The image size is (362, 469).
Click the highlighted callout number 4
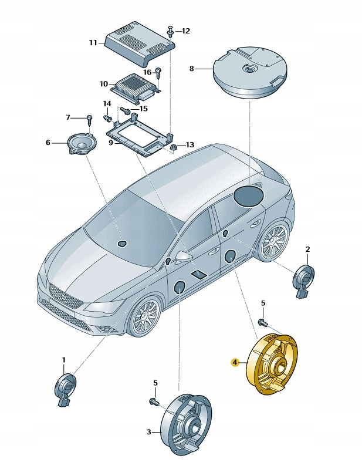[235, 363]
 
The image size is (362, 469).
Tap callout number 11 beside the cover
[93, 43]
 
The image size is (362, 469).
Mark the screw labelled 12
[170, 29]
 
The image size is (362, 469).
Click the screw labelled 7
[90, 121]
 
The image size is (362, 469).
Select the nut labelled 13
[174, 146]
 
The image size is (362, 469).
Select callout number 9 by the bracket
[110, 141]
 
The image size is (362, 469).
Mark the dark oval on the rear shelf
[249, 194]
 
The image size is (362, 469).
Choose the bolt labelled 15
[125, 110]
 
